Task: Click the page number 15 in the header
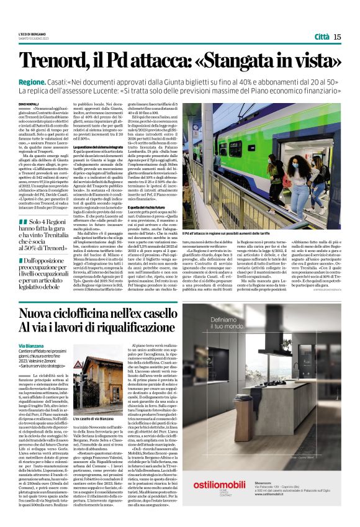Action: click(x=337, y=37)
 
